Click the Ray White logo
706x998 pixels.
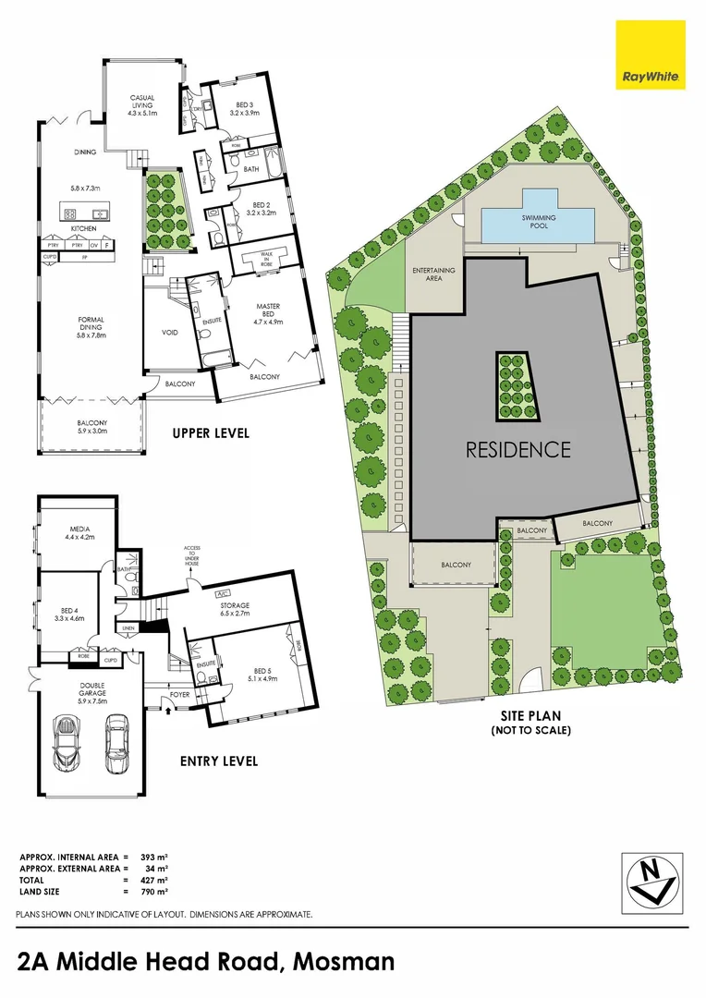click(x=651, y=55)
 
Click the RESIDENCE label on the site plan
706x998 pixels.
click(x=517, y=450)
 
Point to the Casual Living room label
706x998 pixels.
click(x=142, y=104)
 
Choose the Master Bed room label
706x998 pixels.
click(x=269, y=314)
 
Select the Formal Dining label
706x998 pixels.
click(x=91, y=327)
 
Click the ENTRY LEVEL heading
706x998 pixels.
click(x=220, y=761)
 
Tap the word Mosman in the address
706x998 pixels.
click(x=344, y=962)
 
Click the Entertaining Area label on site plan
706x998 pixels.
click(x=432, y=274)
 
